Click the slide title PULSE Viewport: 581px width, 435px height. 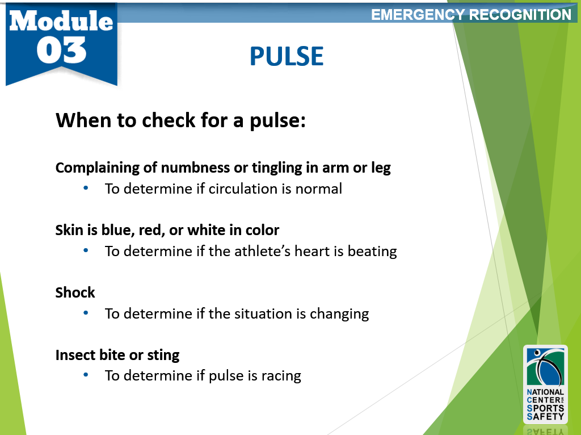pos(287,56)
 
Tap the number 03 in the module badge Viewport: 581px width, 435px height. pos(61,50)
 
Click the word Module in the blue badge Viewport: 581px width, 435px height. pos(61,20)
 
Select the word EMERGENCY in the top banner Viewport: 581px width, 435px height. pos(418,15)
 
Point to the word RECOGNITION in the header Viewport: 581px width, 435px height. pos(520,15)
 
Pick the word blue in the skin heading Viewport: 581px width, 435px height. pos(117,230)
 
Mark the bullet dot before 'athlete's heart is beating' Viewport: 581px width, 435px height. pos(86,250)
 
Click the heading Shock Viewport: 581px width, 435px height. pos(75,292)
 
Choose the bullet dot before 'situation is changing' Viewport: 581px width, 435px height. pos(86,313)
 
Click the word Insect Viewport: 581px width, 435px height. pos(74,355)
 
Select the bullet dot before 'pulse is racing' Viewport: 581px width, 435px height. pos(86,375)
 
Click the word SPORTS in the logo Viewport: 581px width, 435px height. pos(545,408)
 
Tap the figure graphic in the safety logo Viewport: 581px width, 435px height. pos(545,367)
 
